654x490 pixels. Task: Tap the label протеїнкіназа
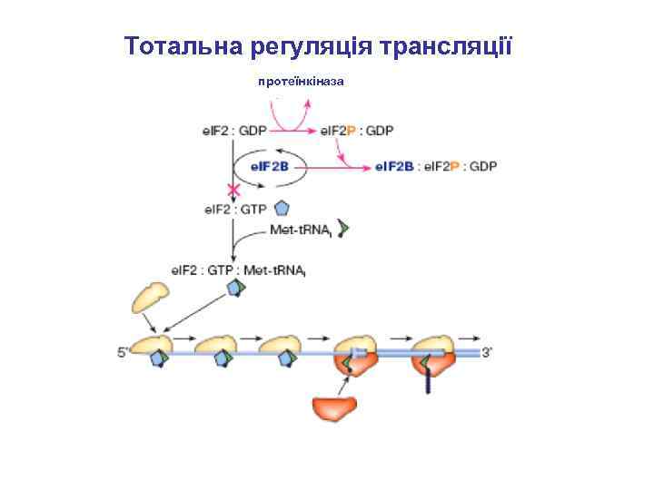pyautogui.click(x=301, y=82)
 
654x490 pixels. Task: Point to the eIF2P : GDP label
pyautogui.click(x=356, y=131)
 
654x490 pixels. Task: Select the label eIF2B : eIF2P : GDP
pyautogui.click(x=436, y=167)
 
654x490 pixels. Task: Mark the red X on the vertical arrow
pyautogui.click(x=233, y=191)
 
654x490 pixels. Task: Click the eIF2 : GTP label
pyautogui.click(x=235, y=210)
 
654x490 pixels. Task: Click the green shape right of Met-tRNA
pyautogui.click(x=343, y=228)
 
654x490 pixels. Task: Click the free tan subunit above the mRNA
pyautogui.click(x=149, y=296)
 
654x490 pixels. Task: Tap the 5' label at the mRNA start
pyautogui.click(x=123, y=355)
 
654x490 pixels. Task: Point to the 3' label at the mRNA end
pyautogui.click(x=488, y=354)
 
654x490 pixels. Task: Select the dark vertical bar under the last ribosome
pyautogui.click(x=428, y=382)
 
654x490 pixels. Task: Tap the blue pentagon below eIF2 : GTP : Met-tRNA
pyautogui.click(x=235, y=289)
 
